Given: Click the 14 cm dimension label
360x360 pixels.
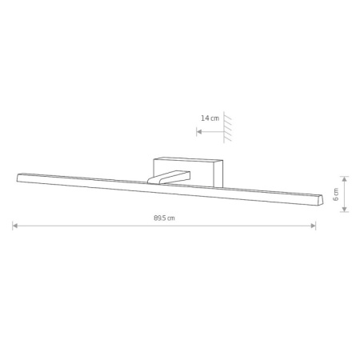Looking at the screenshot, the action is pyautogui.click(x=210, y=118).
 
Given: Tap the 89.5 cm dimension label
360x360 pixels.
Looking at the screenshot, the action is pyautogui.click(x=164, y=218).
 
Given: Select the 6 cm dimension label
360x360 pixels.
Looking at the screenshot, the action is pyautogui.click(x=336, y=194).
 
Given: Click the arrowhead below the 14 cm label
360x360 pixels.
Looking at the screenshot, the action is pyautogui.click(x=199, y=132).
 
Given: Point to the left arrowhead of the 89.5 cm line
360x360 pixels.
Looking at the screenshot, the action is pyautogui.click(x=15, y=226).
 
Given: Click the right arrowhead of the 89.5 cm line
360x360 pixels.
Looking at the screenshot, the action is pyautogui.click(x=314, y=226).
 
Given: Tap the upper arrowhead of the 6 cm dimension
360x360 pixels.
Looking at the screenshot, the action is pyautogui.click(x=345, y=179).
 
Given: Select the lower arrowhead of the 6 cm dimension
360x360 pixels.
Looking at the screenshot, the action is pyautogui.click(x=345, y=210).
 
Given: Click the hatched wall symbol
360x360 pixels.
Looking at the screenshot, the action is pyautogui.click(x=227, y=127).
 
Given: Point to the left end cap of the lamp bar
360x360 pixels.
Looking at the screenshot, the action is pyautogui.click(x=18, y=178).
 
